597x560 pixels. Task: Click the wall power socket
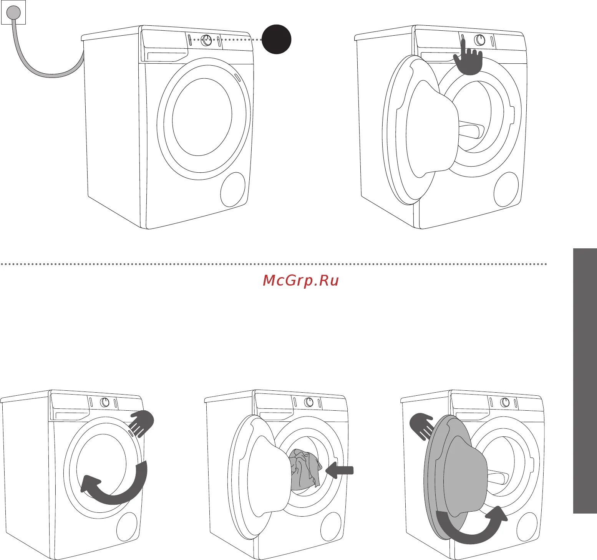[x=13, y=13]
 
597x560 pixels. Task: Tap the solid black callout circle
[x=276, y=39]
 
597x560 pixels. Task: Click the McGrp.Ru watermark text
[x=301, y=281]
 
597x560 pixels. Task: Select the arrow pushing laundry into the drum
[x=339, y=470]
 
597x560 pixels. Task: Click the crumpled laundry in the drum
[x=305, y=469]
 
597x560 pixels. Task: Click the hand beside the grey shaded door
[x=422, y=426]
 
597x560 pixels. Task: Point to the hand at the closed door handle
[x=142, y=423]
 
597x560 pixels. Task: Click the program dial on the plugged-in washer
[x=207, y=40]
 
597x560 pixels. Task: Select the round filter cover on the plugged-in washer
[x=233, y=189]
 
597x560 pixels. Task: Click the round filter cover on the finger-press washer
[x=506, y=189]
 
